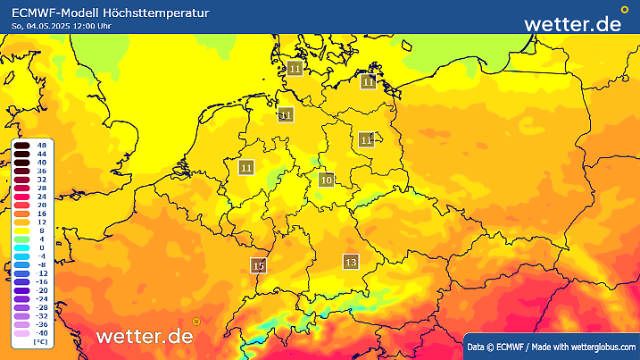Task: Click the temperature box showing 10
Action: tap(326, 180)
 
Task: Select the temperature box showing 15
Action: tap(259, 265)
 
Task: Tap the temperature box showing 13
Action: tap(351, 262)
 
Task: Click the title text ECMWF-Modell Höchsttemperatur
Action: tap(111, 13)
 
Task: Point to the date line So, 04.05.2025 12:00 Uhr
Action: tap(62, 26)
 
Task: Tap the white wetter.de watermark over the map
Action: tap(145, 336)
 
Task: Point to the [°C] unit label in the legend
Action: tap(40, 341)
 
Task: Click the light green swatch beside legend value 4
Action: tap(21, 239)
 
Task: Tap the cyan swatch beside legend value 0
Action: tap(21, 247)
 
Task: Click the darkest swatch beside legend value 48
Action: tap(21, 145)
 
